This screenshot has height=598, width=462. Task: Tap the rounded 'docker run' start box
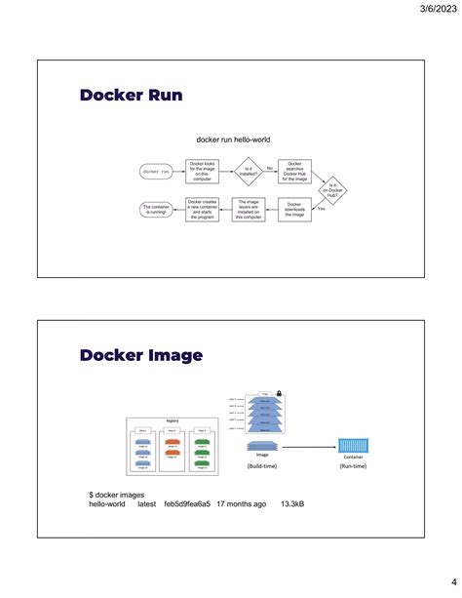click(157, 171)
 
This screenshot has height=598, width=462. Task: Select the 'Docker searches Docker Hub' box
click(294, 171)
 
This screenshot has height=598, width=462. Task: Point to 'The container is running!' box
click(157, 209)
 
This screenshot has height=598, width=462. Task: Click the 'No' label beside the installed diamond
click(270, 168)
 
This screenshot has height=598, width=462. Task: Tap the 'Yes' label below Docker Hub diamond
click(322, 208)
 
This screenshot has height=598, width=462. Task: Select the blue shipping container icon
click(352, 446)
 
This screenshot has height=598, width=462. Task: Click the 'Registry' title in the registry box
click(172, 420)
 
